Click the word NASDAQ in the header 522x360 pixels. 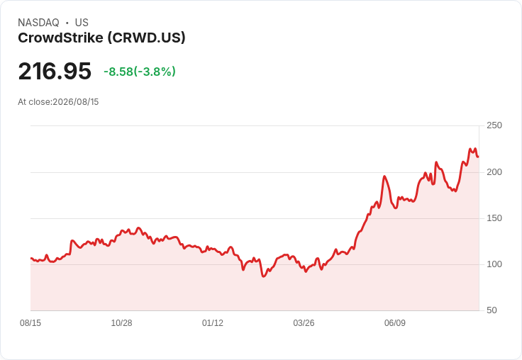[x=38, y=23]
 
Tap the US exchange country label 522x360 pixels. [x=82, y=23]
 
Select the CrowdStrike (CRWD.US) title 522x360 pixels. [x=101, y=38]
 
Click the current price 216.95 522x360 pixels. [x=55, y=71]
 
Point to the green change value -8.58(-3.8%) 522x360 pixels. [x=140, y=72]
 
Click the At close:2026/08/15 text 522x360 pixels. [x=58, y=102]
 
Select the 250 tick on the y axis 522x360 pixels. [x=494, y=125]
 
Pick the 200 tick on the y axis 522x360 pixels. [x=494, y=172]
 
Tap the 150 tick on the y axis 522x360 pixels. [x=494, y=218]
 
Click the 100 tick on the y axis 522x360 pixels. [x=494, y=264]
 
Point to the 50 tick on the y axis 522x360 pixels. [x=492, y=310]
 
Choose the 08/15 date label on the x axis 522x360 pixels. [x=30, y=323]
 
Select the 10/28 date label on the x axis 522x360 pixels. [x=121, y=323]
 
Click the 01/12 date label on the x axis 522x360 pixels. [x=213, y=323]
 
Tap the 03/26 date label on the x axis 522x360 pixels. [x=304, y=323]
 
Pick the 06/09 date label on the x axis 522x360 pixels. [x=395, y=323]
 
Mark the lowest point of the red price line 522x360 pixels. [x=263, y=276]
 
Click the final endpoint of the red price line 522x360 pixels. [x=478, y=157]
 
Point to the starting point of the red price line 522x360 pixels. [x=31, y=258]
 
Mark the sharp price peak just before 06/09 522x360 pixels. [x=384, y=176]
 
